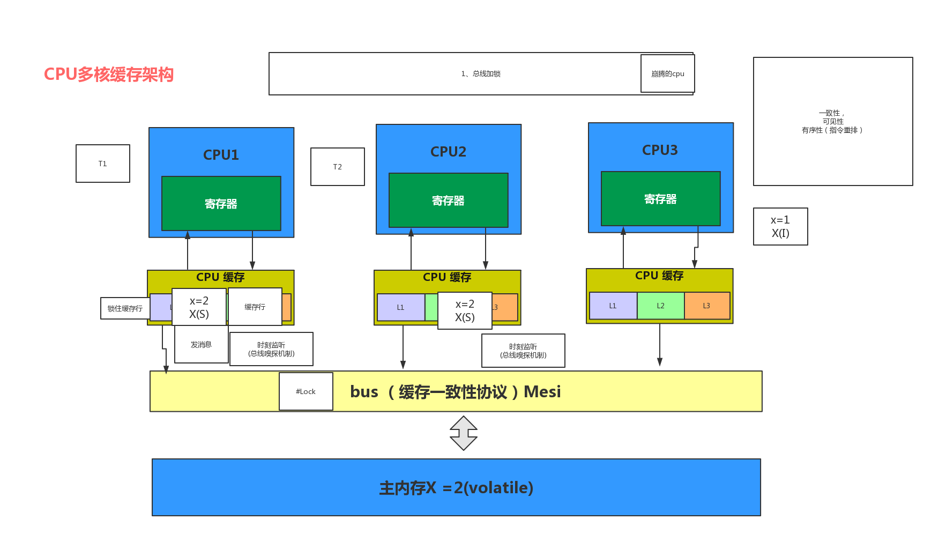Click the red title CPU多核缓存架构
(109, 74)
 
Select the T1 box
(103, 164)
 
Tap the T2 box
(338, 167)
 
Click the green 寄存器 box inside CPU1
(221, 204)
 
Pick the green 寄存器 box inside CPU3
(660, 199)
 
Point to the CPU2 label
(448, 152)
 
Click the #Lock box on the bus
(306, 391)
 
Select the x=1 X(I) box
(780, 226)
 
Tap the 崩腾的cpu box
(668, 74)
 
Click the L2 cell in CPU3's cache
(660, 306)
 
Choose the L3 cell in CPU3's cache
(706, 306)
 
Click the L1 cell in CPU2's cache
(400, 307)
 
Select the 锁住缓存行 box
(125, 308)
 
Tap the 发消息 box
(201, 345)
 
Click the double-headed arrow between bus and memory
(464, 433)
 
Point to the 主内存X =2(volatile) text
(456, 488)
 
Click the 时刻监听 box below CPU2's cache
(523, 351)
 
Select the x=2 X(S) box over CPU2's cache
(465, 310)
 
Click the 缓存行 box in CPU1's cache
(255, 307)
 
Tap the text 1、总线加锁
(481, 74)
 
